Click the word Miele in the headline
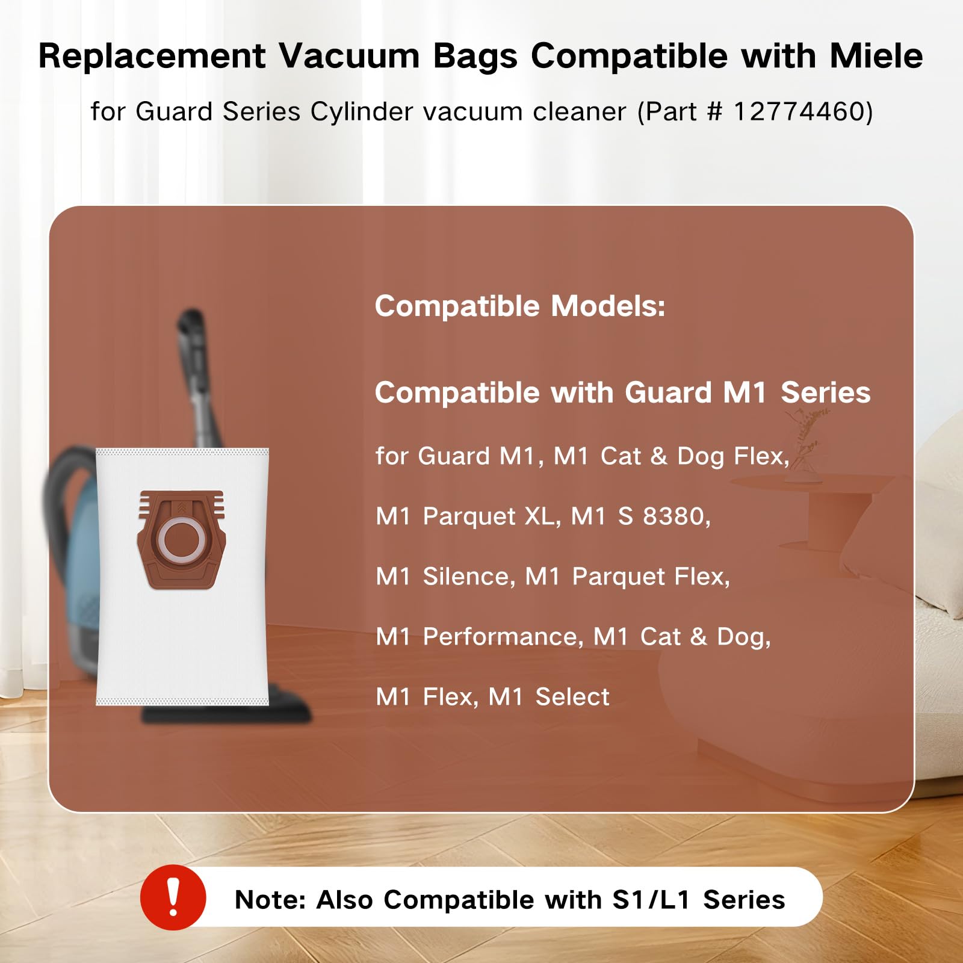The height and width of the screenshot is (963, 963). tap(876, 57)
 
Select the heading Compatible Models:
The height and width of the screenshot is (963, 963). tap(520, 306)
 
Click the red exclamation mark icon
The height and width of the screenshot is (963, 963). tap(173, 897)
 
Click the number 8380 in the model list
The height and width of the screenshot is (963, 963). tap(677, 516)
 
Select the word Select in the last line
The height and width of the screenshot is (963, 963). tap(572, 697)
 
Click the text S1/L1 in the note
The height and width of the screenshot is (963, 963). tap(651, 900)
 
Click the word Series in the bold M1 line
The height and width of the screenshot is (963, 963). tap(825, 392)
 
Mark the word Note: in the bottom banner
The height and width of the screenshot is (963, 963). tap(271, 900)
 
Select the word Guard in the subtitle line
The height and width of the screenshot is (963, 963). tap(174, 111)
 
